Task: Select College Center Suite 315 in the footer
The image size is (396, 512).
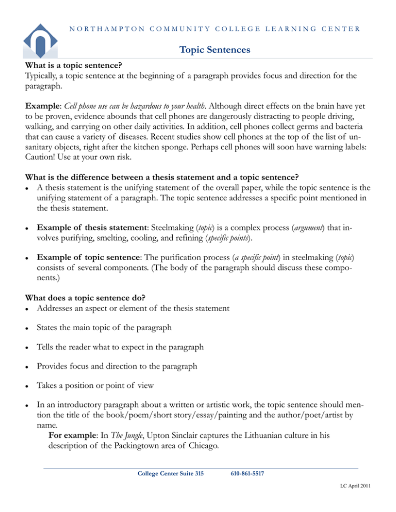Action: point(164,473)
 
